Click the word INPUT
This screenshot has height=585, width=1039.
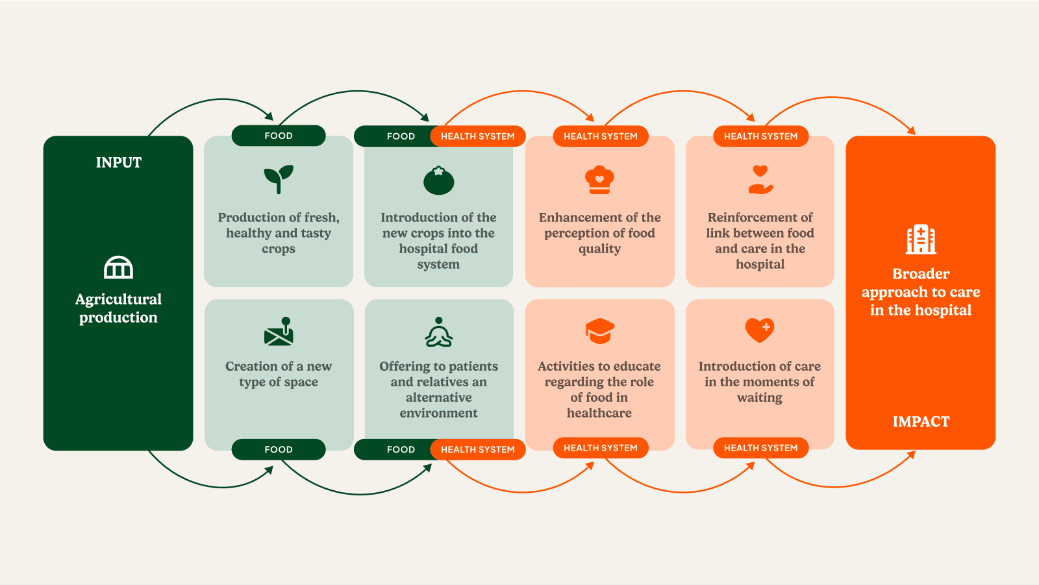(x=118, y=162)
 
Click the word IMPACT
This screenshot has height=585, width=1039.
(x=921, y=422)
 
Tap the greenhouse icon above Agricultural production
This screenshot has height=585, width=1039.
(x=118, y=268)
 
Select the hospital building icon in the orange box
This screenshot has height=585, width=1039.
(x=921, y=240)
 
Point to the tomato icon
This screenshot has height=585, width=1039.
(x=439, y=180)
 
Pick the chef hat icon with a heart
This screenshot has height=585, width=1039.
(x=599, y=180)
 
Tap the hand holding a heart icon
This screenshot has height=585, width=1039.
(x=760, y=180)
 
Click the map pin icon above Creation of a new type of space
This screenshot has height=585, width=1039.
(x=279, y=331)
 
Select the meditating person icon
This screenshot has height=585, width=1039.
(x=439, y=332)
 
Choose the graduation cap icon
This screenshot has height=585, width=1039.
(x=599, y=331)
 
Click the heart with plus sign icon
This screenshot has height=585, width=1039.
(x=759, y=330)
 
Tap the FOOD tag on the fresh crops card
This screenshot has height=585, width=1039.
(x=279, y=136)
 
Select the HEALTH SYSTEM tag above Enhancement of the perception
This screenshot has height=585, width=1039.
(x=601, y=136)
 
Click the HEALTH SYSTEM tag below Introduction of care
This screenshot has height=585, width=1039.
(x=760, y=448)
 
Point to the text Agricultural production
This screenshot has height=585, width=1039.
(x=118, y=308)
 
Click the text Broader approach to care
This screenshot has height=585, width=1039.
(x=921, y=292)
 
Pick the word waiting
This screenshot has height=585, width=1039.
(x=760, y=397)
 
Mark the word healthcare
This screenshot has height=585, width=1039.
(x=599, y=413)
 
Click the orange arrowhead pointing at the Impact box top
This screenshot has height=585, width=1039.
(x=912, y=131)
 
